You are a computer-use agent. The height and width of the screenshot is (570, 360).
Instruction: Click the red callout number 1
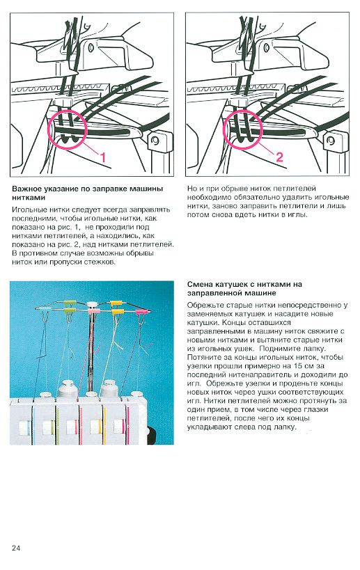(x=103, y=157)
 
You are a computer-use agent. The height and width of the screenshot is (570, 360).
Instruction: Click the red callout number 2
(x=279, y=157)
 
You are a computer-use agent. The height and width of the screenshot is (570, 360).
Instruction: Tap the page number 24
(x=15, y=548)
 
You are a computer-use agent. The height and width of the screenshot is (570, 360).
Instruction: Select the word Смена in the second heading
(x=199, y=284)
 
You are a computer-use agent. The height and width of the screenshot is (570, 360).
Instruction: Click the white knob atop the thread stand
(x=92, y=304)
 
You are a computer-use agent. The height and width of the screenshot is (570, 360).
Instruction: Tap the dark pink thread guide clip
(x=143, y=312)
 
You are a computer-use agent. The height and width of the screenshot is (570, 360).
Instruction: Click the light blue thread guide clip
(x=45, y=308)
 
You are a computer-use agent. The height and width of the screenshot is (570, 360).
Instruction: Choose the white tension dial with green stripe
(x=49, y=427)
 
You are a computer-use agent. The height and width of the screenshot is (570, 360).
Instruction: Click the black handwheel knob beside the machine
(x=152, y=436)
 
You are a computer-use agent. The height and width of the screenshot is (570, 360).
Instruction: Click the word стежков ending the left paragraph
(x=101, y=262)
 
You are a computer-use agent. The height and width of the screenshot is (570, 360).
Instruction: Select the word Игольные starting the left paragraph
(x=28, y=209)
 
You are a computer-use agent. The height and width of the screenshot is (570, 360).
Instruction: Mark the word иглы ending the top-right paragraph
(x=299, y=214)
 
